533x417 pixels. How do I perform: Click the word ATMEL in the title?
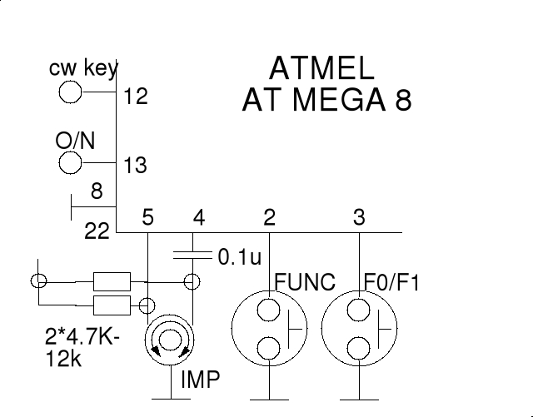(322, 69)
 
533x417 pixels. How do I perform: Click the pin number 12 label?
(135, 97)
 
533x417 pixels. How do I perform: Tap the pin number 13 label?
(135, 166)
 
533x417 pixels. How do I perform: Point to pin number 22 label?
(97, 232)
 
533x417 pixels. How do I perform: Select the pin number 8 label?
(97, 192)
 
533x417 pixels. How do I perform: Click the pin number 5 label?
(148, 219)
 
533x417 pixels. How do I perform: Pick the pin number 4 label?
(198, 219)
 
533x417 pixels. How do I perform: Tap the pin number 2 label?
(269, 219)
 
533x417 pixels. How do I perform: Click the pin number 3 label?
(359, 219)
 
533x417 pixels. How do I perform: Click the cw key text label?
(83, 67)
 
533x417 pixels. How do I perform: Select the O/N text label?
(75, 141)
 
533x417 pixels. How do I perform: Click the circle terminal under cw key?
(70, 91)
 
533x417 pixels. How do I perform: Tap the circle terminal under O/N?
(70, 163)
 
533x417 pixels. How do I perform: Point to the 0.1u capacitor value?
(240, 257)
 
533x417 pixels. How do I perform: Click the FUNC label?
(304, 281)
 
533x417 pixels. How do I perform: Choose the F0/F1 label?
(392, 281)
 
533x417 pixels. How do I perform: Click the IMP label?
(201, 381)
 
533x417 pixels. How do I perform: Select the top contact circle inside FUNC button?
(268, 310)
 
